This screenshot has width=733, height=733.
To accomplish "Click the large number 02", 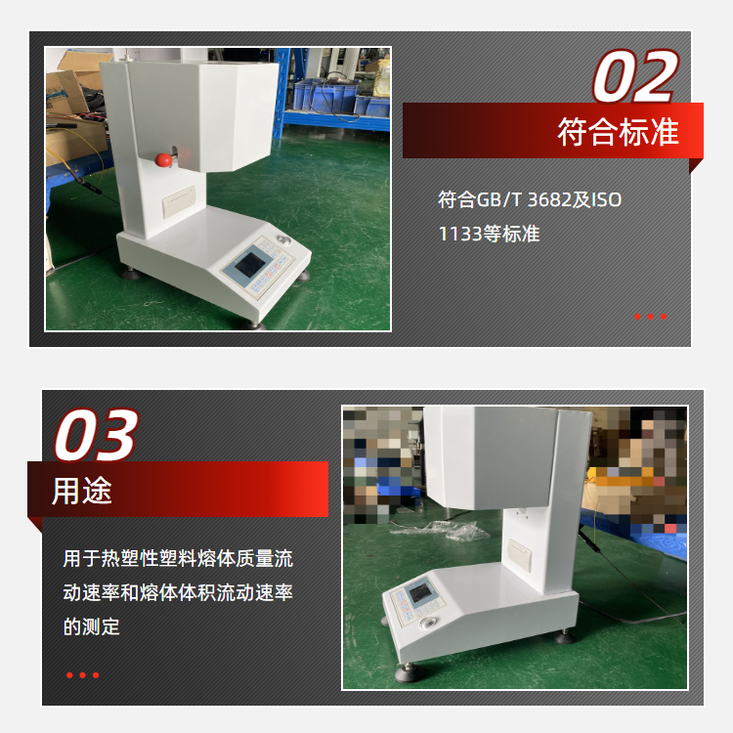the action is click(636, 76).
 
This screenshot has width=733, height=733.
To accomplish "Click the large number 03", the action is click(97, 435).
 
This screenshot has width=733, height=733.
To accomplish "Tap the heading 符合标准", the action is click(618, 132).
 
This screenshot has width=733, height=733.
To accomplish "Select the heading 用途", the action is click(82, 491).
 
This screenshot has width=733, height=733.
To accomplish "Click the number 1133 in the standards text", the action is click(460, 234).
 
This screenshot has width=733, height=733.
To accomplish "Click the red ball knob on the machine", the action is click(163, 160).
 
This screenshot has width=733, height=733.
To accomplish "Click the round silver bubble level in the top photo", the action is click(283, 240).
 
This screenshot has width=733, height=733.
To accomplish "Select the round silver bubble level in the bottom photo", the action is click(428, 624).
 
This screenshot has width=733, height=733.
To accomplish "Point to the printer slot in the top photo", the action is click(179, 201).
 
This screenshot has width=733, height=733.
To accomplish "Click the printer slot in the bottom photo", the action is click(520, 554).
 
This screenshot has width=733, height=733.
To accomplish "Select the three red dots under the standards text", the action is click(650, 317).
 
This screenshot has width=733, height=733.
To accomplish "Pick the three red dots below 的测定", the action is click(83, 675).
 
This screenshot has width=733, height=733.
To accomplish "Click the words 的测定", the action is click(92, 626).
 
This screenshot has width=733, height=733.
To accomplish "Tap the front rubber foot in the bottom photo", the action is click(409, 673).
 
